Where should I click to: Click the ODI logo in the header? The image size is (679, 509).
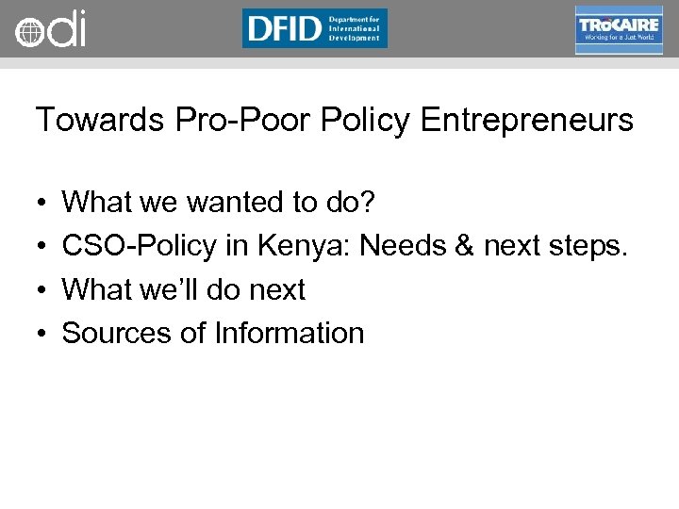(50, 29)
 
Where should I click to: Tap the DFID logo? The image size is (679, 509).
(314, 28)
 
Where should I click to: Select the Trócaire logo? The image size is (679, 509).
(618, 29)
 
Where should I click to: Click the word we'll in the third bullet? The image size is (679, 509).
(168, 289)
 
